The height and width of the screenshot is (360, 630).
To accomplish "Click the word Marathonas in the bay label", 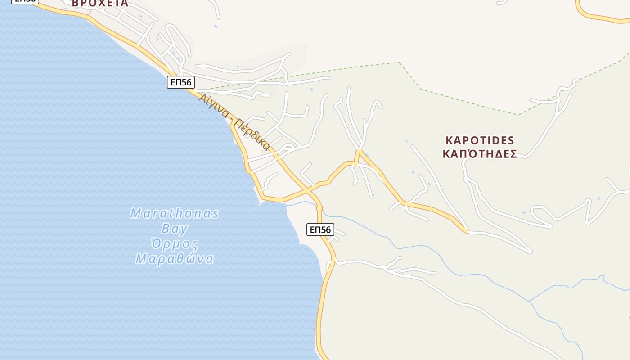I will [x=175, y=213].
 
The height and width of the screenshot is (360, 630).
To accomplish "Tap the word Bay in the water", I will [x=174, y=229].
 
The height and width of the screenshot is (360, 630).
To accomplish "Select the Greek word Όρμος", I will [x=175, y=244].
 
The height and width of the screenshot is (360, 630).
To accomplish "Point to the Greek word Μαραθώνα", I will [x=175, y=259].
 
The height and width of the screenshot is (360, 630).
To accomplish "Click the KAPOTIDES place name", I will [x=480, y=140].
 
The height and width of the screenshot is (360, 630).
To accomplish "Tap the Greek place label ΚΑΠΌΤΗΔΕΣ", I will [x=480, y=154].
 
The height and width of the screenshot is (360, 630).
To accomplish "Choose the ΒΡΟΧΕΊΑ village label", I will [x=100, y=4].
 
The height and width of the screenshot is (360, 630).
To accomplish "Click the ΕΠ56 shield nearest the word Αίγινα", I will [x=181, y=82].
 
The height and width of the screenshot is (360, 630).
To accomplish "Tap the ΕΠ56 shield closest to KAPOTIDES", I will [x=320, y=229].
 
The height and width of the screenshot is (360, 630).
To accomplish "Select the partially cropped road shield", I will [x=25, y=1].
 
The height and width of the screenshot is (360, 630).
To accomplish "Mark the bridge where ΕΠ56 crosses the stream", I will [x=319, y=208].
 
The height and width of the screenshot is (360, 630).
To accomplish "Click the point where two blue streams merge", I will [x=529, y=301].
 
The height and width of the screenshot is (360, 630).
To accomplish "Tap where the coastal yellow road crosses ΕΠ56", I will [x=308, y=191].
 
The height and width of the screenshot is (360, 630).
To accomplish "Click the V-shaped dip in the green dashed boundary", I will [x=518, y=115].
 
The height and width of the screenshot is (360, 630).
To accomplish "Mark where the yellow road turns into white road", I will [x=467, y=231].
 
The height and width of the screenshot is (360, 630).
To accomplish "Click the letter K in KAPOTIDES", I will [x=449, y=140].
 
